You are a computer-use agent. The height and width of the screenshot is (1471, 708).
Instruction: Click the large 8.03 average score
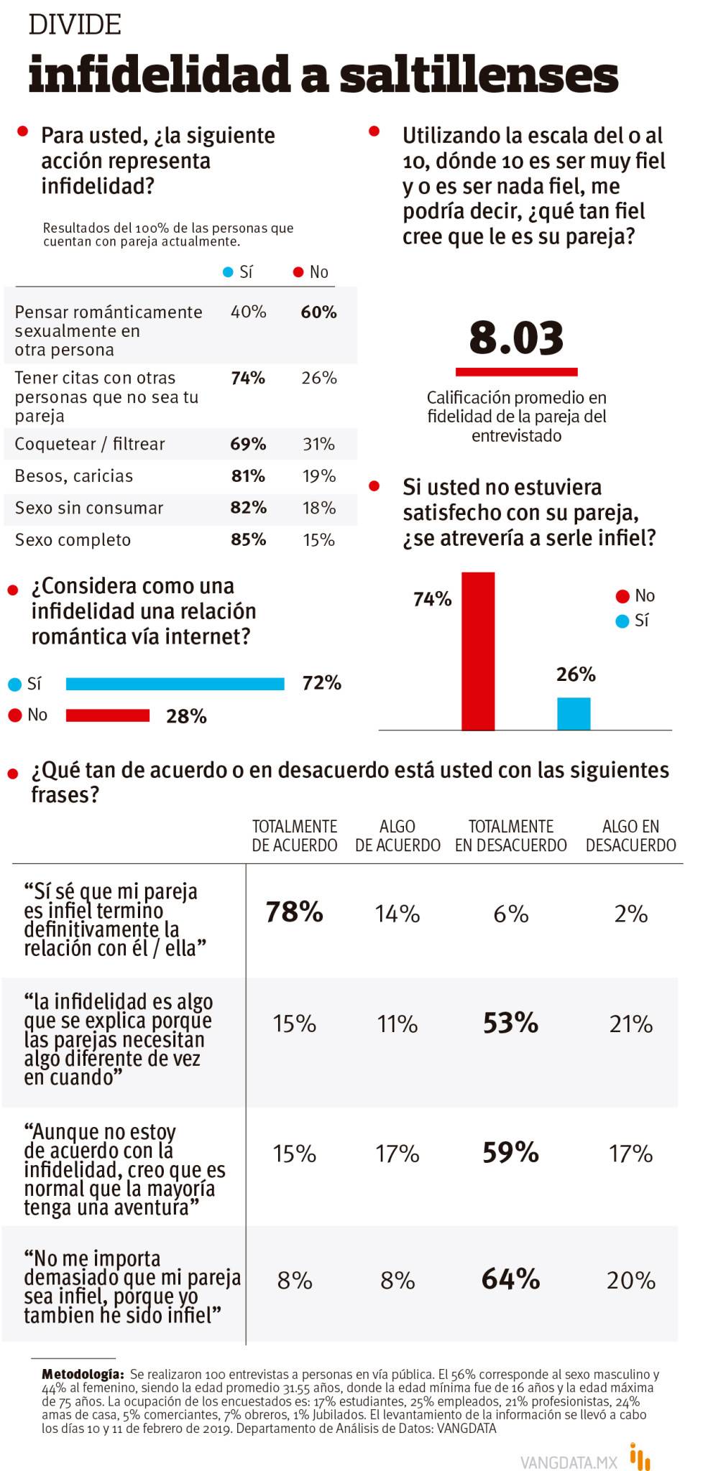point(516,338)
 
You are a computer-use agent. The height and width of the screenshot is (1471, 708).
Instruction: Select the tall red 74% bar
point(478,651)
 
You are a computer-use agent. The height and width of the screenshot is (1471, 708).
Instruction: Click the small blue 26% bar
point(574,713)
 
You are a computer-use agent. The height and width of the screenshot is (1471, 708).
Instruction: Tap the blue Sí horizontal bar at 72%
point(175,684)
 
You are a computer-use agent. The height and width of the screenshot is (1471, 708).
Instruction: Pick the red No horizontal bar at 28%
point(108,715)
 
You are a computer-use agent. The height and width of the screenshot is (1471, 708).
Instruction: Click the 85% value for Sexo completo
point(248,539)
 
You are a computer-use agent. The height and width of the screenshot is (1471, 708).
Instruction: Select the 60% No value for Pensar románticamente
point(318,312)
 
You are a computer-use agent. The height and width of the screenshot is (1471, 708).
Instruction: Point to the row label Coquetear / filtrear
point(90,444)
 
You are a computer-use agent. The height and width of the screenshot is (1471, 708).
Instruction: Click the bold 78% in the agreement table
point(294,912)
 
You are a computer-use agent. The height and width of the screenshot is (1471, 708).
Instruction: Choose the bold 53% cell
point(510,1022)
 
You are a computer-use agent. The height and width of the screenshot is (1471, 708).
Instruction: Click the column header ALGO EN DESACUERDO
point(630,836)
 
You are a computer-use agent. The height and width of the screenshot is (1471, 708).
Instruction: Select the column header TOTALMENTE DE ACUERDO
point(294,836)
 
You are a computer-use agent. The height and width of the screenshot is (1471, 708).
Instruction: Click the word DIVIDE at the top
point(75,25)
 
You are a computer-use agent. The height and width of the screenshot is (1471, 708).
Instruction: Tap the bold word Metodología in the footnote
point(82,1374)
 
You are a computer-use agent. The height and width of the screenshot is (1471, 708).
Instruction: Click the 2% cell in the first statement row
point(630,914)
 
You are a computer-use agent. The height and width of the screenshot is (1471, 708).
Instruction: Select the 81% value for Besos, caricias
point(248,475)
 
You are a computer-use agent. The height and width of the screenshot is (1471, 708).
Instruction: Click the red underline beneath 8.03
point(516,372)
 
